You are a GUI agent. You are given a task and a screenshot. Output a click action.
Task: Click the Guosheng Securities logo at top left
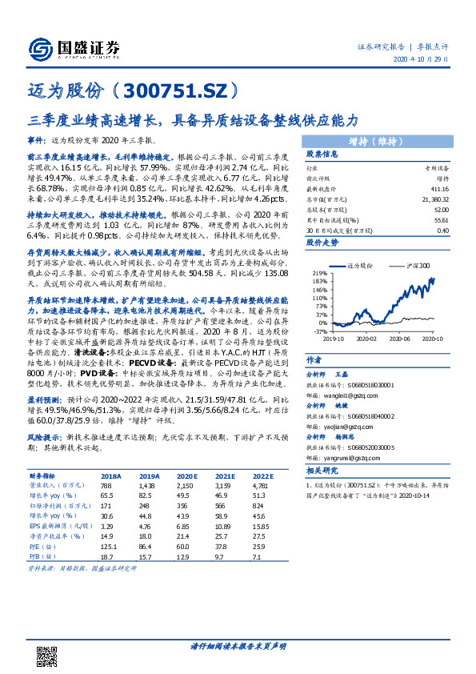coord(73,48)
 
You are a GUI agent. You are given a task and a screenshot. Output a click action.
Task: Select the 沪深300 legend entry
coord(418,265)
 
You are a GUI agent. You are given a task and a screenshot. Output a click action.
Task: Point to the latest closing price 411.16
coord(436,187)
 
